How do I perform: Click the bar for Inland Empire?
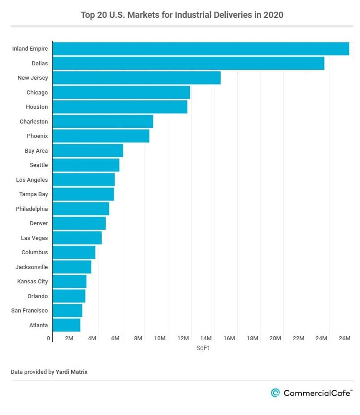(x=201, y=49)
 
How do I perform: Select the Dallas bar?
(x=189, y=63)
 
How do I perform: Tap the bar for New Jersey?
(x=137, y=78)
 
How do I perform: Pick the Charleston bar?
(x=103, y=121)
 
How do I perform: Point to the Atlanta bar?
(x=66, y=325)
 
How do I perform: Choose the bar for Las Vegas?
(x=77, y=238)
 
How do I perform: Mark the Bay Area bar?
(x=88, y=150)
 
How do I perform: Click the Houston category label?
(x=37, y=107)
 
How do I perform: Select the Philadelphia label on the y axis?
(x=32, y=209)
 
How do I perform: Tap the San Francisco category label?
(x=30, y=310)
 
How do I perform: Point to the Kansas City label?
(x=33, y=281)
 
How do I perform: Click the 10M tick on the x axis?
(x=159, y=338)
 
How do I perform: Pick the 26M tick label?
(x=344, y=338)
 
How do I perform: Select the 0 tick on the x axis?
(x=48, y=338)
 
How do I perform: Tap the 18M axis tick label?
(x=252, y=338)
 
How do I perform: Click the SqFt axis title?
(x=203, y=348)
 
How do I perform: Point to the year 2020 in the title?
(x=273, y=15)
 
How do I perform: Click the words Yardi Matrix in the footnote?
(x=72, y=372)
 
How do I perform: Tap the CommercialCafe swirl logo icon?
(x=275, y=393)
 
